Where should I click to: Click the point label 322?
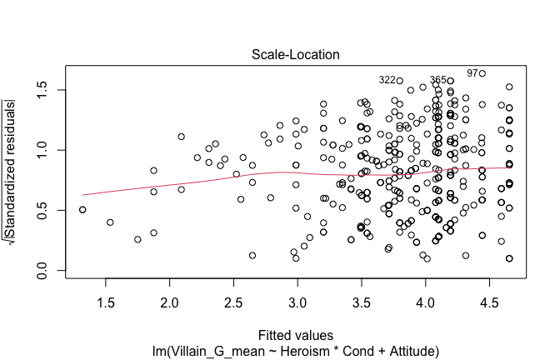(387, 81)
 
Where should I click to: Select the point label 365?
(438, 81)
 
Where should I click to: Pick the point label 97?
(472, 73)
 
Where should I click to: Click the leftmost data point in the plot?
(82, 210)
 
